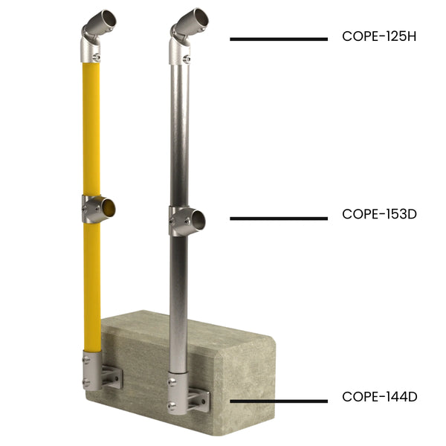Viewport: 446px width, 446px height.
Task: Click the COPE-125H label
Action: pyautogui.click(x=379, y=36)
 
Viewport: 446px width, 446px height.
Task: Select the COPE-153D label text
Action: pyautogui.click(x=379, y=214)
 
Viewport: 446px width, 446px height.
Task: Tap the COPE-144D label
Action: pyautogui.click(x=379, y=397)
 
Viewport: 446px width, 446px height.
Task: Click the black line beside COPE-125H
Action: pyautogui.click(x=278, y=39)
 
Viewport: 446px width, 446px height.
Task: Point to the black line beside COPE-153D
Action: pyautogui.click(x=278, y=219)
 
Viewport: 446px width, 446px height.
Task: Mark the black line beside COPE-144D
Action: pyautogui.click(x=278, y=401)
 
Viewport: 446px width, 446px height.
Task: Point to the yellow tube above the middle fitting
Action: pyautogui.click(x=91, y=126)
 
